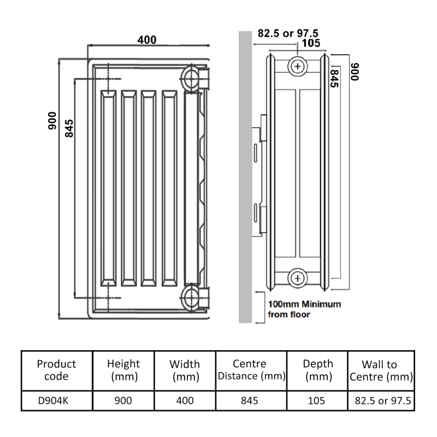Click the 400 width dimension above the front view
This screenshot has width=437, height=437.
tap(146, 39)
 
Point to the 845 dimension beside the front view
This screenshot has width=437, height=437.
tap(69, 129)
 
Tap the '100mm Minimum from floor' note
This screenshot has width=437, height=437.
tap(304, 309)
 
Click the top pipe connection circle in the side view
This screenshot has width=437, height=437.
tap(297, 66)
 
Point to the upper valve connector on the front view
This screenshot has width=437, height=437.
tap(194, 76)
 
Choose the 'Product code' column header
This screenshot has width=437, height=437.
tap(56, 370)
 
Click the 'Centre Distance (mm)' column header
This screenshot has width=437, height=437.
tap(250, 370)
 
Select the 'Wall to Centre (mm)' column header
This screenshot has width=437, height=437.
tap(380, 370)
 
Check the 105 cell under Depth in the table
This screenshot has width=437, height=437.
tap(316, 400)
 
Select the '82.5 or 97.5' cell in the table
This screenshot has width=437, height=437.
tap(380, 400)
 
